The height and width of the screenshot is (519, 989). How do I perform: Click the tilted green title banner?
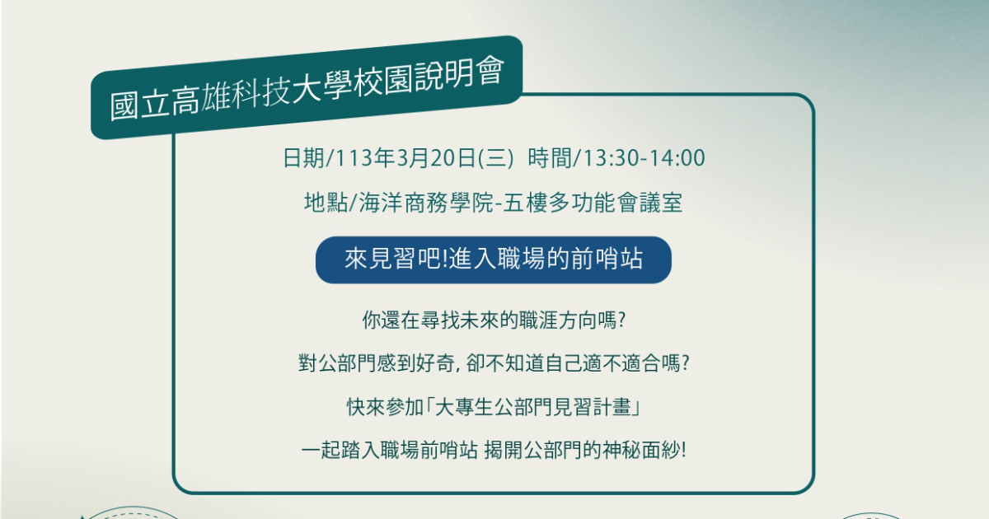(307, 87)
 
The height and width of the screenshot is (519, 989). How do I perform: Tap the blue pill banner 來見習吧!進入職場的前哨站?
(493, 260)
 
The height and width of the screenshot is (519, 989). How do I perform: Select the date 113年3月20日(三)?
(424, 158)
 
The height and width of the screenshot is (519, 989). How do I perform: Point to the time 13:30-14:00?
(644, 158)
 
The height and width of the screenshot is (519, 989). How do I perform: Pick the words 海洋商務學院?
(425, 203)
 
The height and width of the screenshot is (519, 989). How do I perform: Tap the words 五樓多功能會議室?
(593, 203)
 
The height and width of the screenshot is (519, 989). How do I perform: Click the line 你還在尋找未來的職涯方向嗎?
(494, 320)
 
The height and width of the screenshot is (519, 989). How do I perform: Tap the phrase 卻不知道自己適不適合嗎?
(578, 363)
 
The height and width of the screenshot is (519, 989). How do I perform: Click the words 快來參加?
(385, 406)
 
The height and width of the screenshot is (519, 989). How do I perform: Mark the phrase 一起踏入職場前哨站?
(389, 450)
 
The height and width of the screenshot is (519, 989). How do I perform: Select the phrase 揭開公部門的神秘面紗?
(585, 450)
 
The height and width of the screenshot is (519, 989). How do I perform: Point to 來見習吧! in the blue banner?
(396, 259)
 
